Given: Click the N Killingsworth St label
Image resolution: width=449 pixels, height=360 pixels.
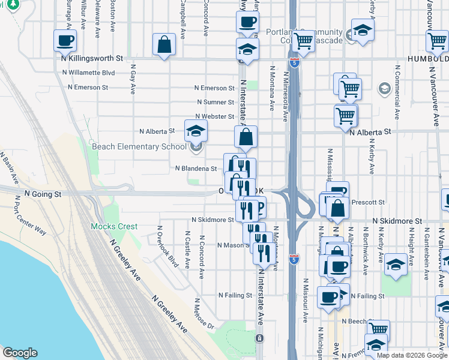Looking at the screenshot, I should point(91,59).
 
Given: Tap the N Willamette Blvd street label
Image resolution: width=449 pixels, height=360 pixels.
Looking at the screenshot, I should point(88,73).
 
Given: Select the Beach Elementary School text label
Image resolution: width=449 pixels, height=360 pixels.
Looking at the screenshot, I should point(139,147).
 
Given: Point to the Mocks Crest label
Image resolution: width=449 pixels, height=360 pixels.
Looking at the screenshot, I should point(114,227).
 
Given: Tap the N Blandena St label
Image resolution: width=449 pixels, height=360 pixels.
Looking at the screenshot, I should point(196,169).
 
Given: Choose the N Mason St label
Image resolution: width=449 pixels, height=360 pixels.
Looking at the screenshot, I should point(232,245).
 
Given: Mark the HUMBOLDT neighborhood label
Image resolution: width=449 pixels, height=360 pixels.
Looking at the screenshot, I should point(427,59).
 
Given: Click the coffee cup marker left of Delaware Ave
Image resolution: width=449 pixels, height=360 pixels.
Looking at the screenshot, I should point(65,41).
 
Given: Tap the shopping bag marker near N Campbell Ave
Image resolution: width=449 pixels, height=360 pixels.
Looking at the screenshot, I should point(164,45).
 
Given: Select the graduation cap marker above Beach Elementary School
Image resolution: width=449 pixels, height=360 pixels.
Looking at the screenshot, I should point(196,131).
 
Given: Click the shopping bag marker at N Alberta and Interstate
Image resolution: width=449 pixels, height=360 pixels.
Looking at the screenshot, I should point(246,137).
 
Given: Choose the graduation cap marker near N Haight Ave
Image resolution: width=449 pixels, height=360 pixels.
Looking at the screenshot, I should point(396,265).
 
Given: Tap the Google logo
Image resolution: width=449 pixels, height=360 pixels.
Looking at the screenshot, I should point(20,353).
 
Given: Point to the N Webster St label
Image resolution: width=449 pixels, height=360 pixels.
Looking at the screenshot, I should point(214,116).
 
